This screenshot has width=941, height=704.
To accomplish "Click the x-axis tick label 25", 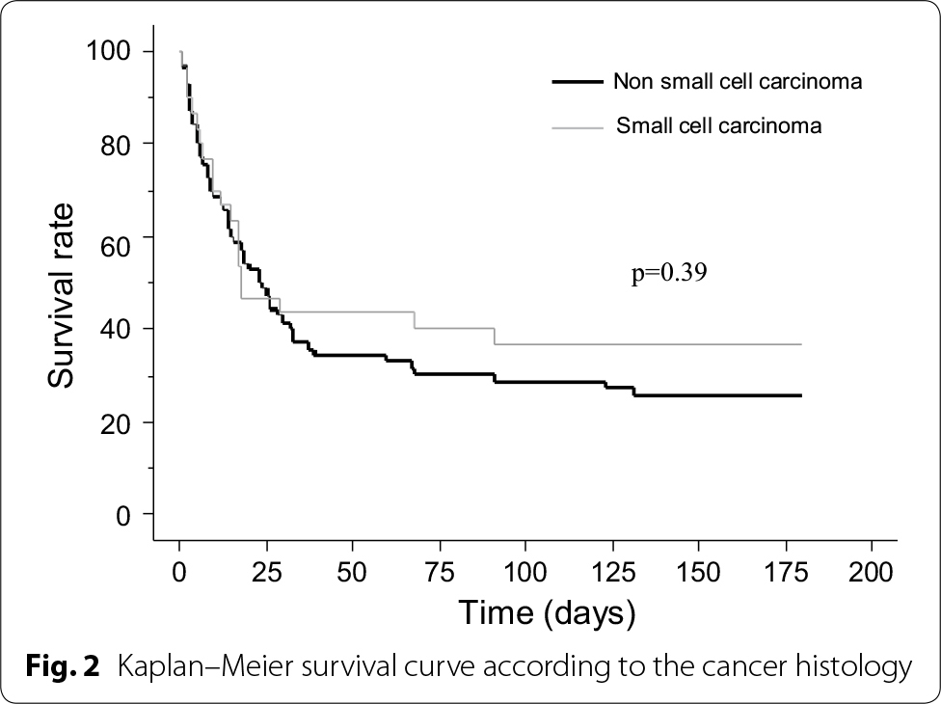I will click(x=249, y=569).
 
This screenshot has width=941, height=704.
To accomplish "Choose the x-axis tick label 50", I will click(x=353, y=569).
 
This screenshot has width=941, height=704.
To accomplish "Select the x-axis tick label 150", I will click(x=699, y=569).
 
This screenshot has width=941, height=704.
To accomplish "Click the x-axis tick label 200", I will click(x=872, y=569).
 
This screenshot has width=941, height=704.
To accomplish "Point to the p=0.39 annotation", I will click(x=669, y=274).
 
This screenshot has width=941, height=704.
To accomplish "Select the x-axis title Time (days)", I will click(x=547, y=611).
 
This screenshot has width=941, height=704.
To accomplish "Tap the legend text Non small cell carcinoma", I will click(x=738, y=82).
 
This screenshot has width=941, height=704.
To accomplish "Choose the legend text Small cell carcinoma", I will click(x=719, y=126).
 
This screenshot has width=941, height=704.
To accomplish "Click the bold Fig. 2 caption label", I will click(x=64, y=666).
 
